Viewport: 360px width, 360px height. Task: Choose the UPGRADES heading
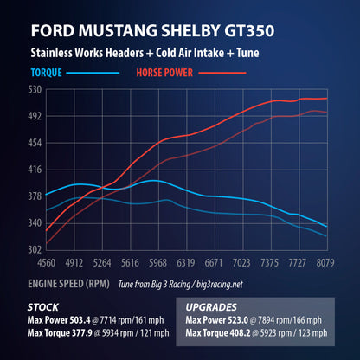pos(217,306)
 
